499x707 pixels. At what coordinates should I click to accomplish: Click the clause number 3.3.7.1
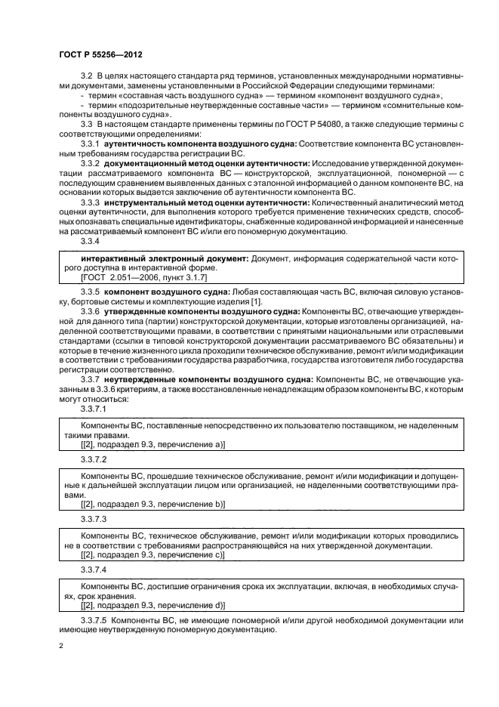click(94, 408)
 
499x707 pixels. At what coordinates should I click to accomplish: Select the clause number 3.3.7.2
click(94, 458)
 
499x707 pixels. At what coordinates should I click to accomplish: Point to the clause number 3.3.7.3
click(94, 519)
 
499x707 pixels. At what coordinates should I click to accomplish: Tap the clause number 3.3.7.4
click(94, 570)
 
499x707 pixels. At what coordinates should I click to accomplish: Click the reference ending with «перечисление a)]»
click(152, 445)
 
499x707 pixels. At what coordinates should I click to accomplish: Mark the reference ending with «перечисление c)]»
click(152, 555)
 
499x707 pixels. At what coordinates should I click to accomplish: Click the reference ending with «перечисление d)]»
click(152, 606)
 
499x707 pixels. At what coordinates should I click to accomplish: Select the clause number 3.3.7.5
click(94, 620)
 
